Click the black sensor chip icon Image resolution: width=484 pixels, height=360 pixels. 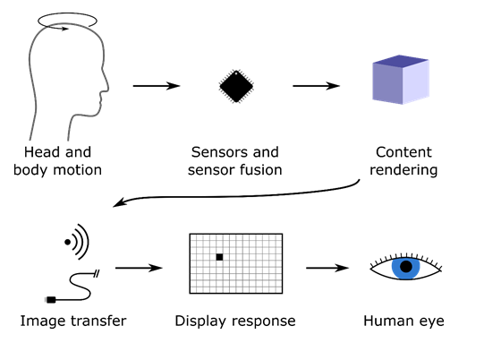click(x=236, y=86)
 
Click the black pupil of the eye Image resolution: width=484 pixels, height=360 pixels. click(x=406, y=266)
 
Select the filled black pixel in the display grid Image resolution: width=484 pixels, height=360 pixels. click(x=219, y=257)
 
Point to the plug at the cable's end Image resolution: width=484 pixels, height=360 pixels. click(x=52, y=298)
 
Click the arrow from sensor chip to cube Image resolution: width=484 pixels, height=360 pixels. click(x=316, y=86)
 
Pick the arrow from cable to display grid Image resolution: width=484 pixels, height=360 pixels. click(x=139, y=267)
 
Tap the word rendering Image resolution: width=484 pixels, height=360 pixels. click(x=403, y=170)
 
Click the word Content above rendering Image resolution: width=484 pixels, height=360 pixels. click(x=403, y=152)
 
